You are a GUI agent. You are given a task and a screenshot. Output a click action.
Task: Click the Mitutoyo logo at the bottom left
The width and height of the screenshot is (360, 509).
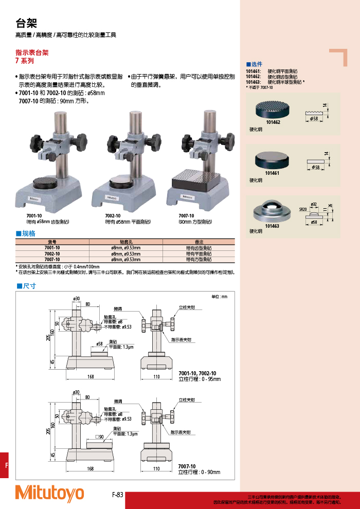coord(49,493)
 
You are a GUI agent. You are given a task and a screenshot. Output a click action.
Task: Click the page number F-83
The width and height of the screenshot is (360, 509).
coord(118,495)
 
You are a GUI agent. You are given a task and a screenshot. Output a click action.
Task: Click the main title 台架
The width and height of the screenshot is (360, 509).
coord(26,23)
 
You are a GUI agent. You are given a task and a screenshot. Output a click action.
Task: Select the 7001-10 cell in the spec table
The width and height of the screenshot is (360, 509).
coord(52,247)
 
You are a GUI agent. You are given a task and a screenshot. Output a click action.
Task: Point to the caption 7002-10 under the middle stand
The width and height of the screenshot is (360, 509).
coord(112,216)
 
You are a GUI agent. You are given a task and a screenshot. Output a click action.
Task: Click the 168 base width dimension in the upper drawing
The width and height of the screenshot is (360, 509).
coord(91,377)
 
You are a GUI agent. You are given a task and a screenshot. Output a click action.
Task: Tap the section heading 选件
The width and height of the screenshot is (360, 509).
coord(255,64)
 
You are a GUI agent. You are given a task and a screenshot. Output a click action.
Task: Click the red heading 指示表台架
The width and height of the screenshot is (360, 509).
coord(32,52)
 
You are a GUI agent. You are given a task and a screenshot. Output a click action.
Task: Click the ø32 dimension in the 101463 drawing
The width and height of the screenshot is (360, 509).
coord(314,204)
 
